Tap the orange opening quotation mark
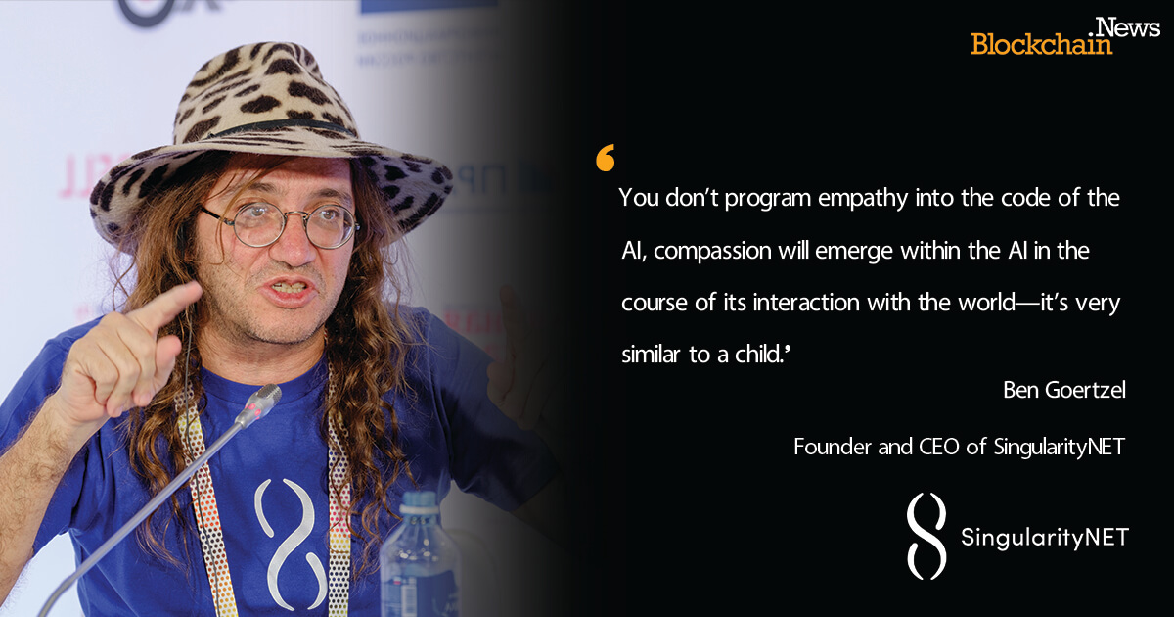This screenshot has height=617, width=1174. tap(606, 158)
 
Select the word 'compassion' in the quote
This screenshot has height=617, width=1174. tap(712, 252)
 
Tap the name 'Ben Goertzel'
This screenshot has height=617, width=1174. tap(1064, 390)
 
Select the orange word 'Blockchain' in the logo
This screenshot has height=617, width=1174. tap(1041, 44)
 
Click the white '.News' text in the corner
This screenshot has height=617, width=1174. tap(1128, 26)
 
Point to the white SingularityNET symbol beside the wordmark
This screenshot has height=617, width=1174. tap(926, 536)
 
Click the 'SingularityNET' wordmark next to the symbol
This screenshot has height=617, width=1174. tap(1045, 538)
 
